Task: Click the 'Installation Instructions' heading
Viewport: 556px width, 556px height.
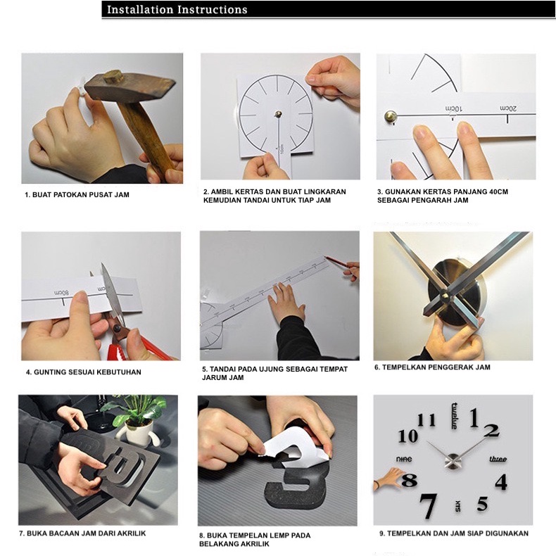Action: pyautogui.click(x=177, y=10)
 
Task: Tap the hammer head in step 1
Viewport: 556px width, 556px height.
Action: pyautogui.click(x=129, y=86)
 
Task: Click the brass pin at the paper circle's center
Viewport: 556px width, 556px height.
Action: pyautogui.click(x=279, y=114)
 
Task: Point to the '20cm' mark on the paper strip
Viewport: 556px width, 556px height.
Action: pyautogui.click(x=508, y=108)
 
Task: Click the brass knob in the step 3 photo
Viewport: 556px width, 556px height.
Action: pyautogui.click(x=391, y=116)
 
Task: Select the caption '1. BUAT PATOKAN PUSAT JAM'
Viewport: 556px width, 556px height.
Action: pyautogui.click(x=77, y=195)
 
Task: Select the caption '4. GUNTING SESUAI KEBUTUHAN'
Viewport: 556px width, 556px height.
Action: pyautogui.click(x=83, y=372)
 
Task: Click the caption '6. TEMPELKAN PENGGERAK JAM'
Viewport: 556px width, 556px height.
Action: pyautogui.click(x=432, y=367)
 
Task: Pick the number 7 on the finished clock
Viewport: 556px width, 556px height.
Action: pyautogui.click(x=429, y=506)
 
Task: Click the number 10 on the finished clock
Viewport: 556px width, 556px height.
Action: pyautogui.click(x=407, y=436)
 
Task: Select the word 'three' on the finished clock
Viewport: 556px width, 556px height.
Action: pyautogui.click(x=498, y=459)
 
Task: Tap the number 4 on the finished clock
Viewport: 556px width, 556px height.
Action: pyautogui.click(x=501, y=482)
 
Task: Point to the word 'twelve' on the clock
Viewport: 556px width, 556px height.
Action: pyautogui.click(x=454, y=416)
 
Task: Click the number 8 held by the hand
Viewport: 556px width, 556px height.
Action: pyautogui.click(x=409, y=481)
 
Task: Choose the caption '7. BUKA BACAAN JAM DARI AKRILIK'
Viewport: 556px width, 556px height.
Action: pyautogui.click(x=82, y=533)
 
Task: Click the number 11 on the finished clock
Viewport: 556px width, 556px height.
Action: pyautogui.click(x=427, y=421)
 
